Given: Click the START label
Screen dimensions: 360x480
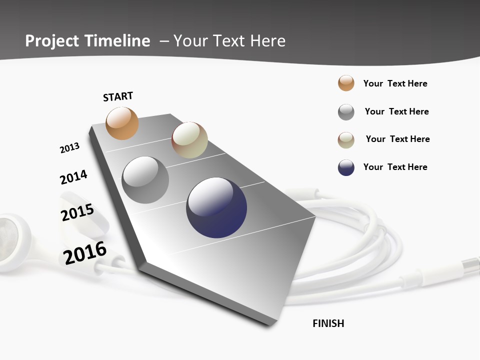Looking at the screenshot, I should [118, 96].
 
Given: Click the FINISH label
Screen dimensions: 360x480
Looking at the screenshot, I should [328, 323].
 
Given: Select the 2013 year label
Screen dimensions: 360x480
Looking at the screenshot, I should [69, 148].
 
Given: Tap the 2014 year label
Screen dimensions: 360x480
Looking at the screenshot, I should [73, 177].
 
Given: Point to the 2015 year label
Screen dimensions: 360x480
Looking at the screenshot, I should [77, 212].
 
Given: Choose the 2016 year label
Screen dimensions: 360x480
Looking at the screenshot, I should [85, 252].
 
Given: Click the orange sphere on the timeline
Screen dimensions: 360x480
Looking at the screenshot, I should [122, 123].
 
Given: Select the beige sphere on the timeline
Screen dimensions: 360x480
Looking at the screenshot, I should [189, 140].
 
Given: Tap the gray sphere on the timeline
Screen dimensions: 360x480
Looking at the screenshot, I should [145, 180].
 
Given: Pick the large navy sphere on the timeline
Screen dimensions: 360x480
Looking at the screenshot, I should [216, 207].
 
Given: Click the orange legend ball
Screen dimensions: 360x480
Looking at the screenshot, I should [346, 83].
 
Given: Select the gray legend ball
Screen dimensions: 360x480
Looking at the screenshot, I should [346, 112].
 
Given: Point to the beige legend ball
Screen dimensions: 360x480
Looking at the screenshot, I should [346, 140].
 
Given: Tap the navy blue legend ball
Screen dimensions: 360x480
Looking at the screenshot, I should [346, 167].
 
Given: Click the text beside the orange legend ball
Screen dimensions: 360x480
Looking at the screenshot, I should [395, 83].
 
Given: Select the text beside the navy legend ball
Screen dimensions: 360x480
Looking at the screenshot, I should [395, 167].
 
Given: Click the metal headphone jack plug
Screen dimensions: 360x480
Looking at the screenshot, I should [470, 265].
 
